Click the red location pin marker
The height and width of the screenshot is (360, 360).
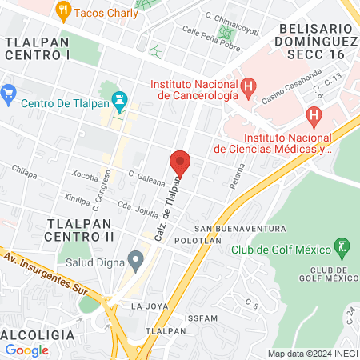(x=180, y=163)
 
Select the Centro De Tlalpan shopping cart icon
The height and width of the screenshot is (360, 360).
(x=10, y=93)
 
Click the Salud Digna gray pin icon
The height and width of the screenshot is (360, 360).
(x=136, y=258)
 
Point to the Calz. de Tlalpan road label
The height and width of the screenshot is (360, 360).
(x=166, y=209)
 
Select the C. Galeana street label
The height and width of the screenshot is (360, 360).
(x=146, y=177)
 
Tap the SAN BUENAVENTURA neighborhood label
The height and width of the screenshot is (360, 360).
(x=239, y=228)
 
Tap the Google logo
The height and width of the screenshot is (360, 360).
(x=26, y=350)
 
